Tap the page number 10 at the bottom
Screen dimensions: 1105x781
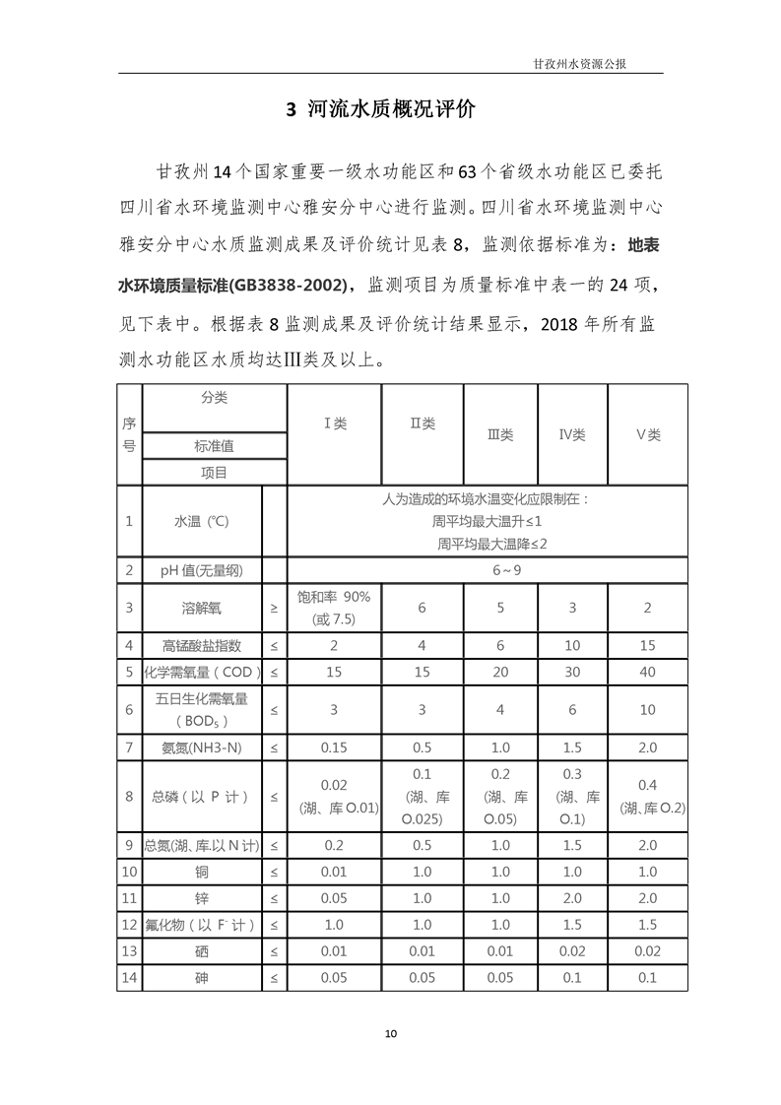(x=391, y=1033)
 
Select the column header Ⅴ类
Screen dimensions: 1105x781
(x=647, y=434)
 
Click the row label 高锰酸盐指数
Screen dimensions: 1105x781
(x=201, y=646)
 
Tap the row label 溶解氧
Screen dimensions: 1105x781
(x=201, y=608)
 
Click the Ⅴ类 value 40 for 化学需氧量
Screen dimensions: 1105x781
(x=647, y=672)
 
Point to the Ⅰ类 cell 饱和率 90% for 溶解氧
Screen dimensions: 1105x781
(x=334, y=597)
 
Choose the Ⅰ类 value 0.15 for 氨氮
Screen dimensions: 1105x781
(x=334, y=748)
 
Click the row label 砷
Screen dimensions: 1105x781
(x=201, y=977)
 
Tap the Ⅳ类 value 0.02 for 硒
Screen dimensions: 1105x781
(x=572, y=951)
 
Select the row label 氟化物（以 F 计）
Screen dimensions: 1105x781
(x=201, y=926)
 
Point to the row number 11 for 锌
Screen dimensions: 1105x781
(x=129, y=899)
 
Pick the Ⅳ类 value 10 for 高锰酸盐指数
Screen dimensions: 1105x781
(x=572, y=646)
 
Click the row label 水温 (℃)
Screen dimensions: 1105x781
(x=201, y=521)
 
